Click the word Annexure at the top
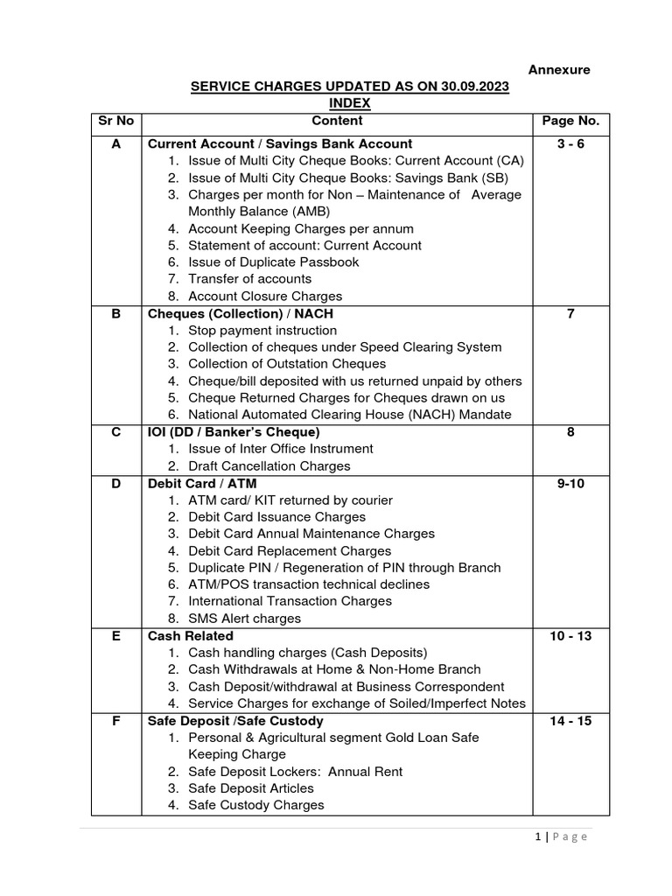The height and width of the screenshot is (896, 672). [x=557, y=70]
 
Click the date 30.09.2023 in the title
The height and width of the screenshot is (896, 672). [x=472, y=87]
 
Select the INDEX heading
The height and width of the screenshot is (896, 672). [x=350, y=104]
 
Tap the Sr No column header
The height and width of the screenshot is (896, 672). [x=115, y=122]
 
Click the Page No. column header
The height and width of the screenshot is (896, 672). [x=570, y=122]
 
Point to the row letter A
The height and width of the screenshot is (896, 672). [x=115, y=143]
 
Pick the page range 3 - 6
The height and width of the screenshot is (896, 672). [x=570, y=143]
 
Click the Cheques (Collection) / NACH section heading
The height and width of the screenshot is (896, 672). [x=240, y=313]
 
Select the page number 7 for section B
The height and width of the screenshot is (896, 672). [x=570, y=313]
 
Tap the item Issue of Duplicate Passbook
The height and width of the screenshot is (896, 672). [x=273, y=262]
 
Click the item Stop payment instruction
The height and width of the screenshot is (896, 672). [x=262, y=331]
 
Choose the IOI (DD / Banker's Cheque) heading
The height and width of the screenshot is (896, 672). [x=234, y=432]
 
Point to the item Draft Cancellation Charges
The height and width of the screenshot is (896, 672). [x=269, y=466]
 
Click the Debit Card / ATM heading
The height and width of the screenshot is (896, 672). [x=202, y=483]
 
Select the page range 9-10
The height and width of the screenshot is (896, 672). [x=570, y=483]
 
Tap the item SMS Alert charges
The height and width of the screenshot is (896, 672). [x=244, y=619]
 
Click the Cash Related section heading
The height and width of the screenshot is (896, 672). [x=191, y=636]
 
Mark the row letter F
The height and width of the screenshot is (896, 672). [x=115, y=721]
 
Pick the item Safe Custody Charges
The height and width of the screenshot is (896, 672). [x=255, y=805]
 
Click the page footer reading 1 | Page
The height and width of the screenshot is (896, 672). [x=561, y=836]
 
